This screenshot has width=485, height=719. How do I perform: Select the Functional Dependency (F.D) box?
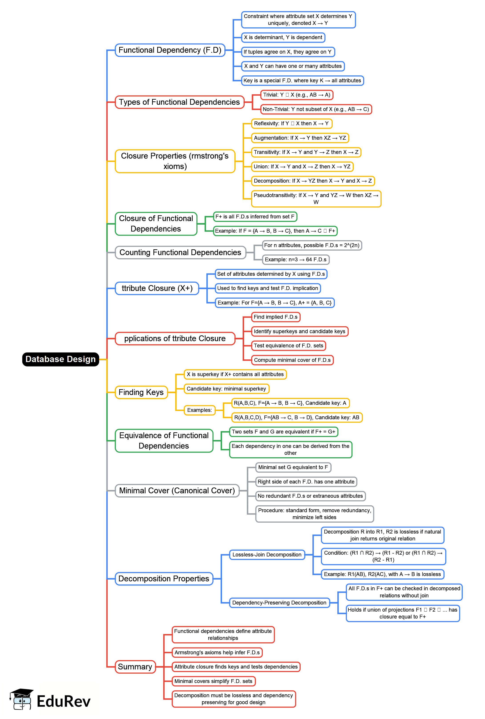pos(170,50)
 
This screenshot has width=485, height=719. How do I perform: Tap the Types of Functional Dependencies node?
pos(179,102)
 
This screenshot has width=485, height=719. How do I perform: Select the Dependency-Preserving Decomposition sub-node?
pos(279,602)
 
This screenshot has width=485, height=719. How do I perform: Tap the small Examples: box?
pos(199,410)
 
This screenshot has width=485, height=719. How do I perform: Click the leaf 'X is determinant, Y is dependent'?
pos(283,37)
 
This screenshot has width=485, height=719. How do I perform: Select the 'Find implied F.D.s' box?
pos(275,317)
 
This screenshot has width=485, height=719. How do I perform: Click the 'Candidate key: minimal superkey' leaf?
pos(226,389)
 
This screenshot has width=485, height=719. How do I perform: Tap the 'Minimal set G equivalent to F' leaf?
pos(293,467)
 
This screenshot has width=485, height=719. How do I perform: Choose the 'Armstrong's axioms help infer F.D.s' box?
pos(217,652)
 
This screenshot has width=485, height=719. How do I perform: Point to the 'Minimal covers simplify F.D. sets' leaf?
pos(213,681)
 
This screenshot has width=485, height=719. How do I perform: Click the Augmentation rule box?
pos(300,138)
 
